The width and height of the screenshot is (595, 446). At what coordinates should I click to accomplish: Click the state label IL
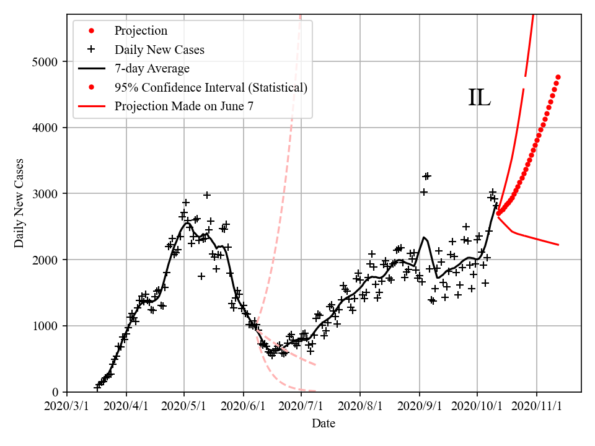tap(479, 98)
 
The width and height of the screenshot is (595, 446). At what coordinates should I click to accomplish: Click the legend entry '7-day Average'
tap(152, 68)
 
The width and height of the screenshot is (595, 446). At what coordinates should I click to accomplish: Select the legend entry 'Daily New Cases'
tap(159, 50)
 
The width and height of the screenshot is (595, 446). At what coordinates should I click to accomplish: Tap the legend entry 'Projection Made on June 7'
tap(184, 106)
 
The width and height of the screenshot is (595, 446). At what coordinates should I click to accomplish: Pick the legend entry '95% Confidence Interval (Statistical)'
tap(211, 87)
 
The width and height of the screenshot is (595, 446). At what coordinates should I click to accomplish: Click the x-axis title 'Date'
tap(324, 424)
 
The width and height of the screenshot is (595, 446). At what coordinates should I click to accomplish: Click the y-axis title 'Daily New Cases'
tap(19, 203)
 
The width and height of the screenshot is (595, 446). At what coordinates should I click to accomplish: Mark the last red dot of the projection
tap(558, 77)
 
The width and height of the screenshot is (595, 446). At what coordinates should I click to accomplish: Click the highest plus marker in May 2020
tap(207, 195)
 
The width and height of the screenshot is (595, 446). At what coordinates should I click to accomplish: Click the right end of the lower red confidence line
tap(558, 245)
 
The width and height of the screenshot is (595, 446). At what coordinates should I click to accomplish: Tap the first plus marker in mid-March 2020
tap(97, 387)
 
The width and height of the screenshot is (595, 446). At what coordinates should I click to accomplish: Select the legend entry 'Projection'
tap(141, 30)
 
